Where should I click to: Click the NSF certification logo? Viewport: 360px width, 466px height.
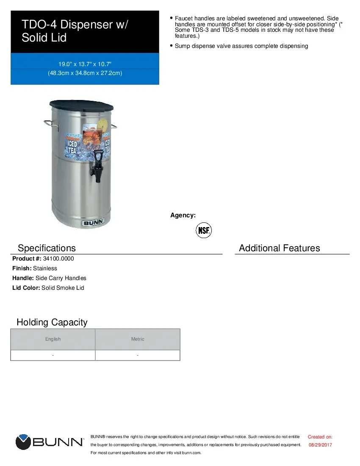coord(203,230)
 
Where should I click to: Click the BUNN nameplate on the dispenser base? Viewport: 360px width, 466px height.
coord(92,223)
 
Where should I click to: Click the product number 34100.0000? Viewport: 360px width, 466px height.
coord(58,258)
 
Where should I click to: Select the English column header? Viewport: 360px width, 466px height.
coord(53,339)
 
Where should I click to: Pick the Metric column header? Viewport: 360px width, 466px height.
coord(138,339)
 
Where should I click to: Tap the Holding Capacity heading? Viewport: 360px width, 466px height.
coord(52,322)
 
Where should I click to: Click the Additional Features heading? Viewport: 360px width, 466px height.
coord(280,248)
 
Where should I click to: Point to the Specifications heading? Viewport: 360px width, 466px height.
coord(47,248)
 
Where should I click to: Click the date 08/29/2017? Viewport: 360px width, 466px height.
coord(320,445)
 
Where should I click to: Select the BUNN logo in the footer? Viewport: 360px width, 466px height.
coord(50,442)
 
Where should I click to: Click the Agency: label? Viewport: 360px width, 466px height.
coord(183,215)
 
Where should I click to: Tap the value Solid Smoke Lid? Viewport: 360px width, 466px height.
coord(63,288)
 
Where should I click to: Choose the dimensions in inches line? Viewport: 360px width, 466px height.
coord(85,64)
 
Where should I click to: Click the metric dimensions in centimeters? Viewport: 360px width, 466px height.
coord(85,73)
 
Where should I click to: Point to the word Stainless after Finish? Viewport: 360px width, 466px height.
coord(45,268)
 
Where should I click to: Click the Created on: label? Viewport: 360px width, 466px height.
coord(320,437)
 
